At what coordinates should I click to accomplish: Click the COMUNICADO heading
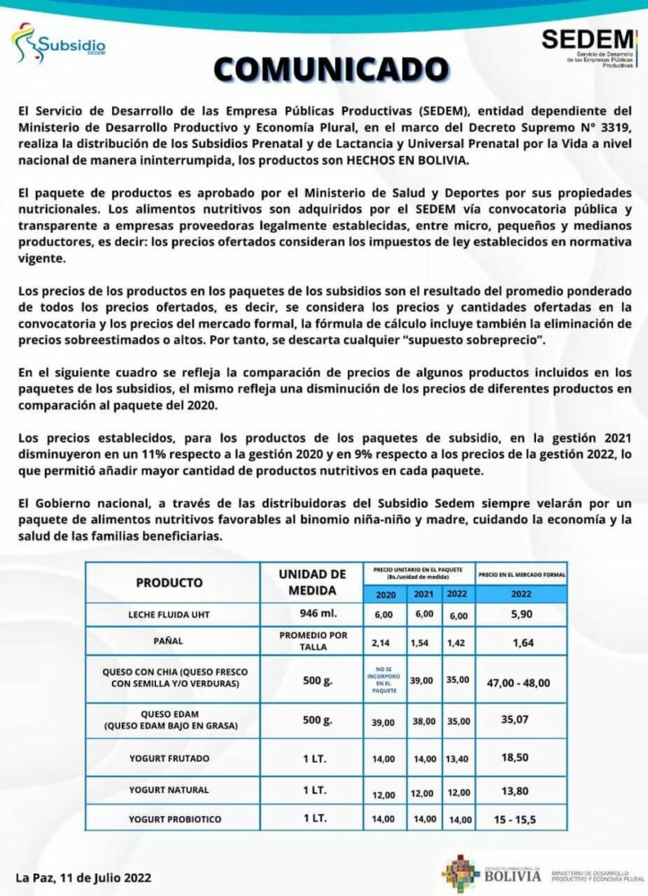coord(324,69)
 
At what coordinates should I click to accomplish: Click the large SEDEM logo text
coord(587,40)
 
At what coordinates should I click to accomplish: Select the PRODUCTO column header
coord(169,582)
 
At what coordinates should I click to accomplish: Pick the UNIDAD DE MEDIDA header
coord(312,582)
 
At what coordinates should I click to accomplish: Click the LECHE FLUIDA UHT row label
coord(169,615)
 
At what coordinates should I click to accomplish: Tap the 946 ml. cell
coord(312,614)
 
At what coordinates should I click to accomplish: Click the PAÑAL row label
coord(169,642)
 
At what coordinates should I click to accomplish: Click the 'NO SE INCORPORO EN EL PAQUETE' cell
coord(384,680)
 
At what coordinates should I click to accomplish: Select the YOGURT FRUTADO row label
coord(169,758)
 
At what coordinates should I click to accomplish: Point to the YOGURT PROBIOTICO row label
coord(169,819)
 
